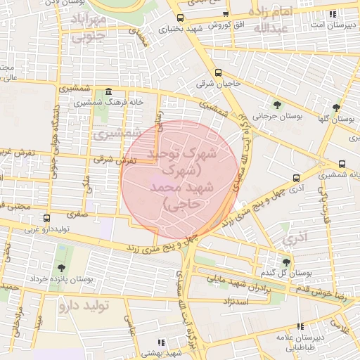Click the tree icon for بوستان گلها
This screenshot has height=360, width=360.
[x=337, y=108]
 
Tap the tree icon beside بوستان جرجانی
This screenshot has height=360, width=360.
[x=278, y=105]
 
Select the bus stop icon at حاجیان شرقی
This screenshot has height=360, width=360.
[x=218, y=72]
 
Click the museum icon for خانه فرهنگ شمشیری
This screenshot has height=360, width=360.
[x=107, y=92]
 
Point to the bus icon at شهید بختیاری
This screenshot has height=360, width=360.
[x=180, y=18]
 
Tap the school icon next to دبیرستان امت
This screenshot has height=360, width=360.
[x=333, y=14]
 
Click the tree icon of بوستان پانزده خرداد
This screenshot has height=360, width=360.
[x=61, y=267]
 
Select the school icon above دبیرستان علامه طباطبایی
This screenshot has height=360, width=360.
[x=301, y=327]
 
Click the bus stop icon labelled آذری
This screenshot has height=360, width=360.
[x=296, y=178]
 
